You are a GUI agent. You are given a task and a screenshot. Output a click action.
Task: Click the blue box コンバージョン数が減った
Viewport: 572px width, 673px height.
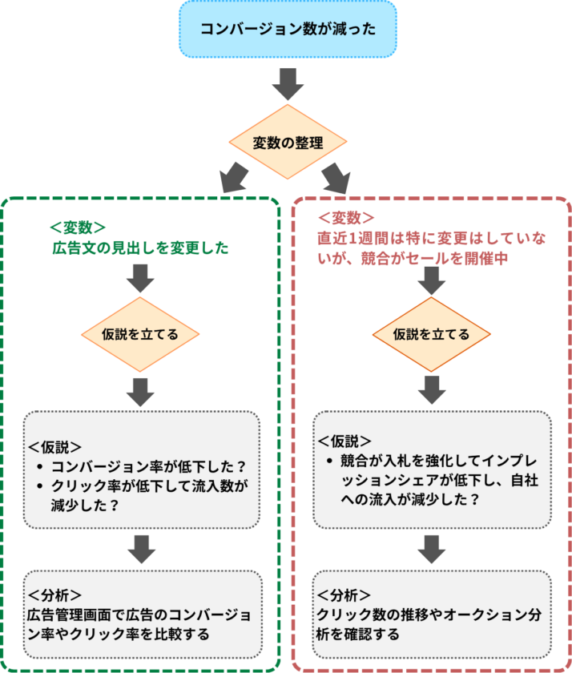(x=287, y=30)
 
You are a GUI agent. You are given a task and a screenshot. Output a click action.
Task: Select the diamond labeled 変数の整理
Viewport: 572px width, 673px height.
(x=287, y=143)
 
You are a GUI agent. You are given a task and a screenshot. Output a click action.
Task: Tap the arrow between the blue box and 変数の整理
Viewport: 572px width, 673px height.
(x=287, y=82)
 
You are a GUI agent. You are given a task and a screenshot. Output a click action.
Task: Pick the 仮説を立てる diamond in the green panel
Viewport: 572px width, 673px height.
(x=140, y=334)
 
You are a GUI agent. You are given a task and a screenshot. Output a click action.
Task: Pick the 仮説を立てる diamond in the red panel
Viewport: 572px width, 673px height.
(x=431, y=334)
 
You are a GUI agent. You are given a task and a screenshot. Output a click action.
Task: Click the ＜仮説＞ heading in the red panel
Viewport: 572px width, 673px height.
(x=344, y=440)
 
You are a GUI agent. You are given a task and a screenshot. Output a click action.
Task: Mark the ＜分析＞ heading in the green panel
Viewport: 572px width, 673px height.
(x=54, y=595)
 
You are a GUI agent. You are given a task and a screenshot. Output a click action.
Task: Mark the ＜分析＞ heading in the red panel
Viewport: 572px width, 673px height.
(x=344, y=595)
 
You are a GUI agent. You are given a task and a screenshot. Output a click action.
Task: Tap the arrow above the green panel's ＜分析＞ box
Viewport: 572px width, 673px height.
(x=141, y=549)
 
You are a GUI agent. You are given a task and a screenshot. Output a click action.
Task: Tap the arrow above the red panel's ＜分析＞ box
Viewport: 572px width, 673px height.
(x=432, y=549)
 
